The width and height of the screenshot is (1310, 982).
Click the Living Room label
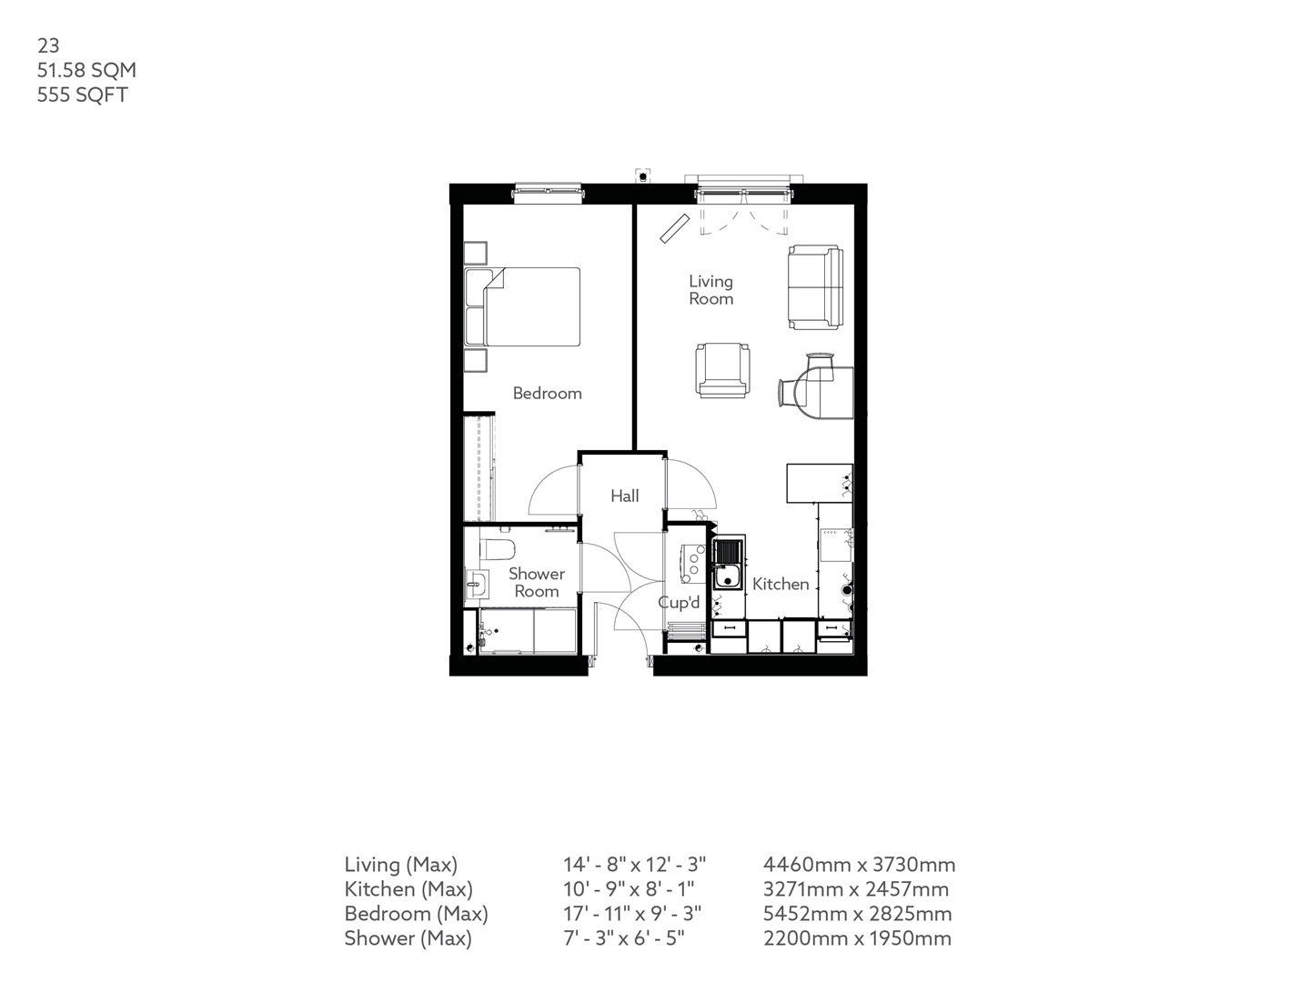coord(710,290)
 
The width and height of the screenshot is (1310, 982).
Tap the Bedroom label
coord(547,393)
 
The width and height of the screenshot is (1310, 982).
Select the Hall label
coord(624,496)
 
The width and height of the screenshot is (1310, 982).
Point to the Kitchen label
coord(781,584)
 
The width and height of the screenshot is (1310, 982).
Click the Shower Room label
coord(536,582)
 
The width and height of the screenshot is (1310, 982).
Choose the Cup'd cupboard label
coord(680,602)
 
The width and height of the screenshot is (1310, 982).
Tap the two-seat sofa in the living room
coord(815,286)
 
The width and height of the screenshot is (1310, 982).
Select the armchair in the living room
coord(724,370)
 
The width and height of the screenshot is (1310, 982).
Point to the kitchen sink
coord(729,566)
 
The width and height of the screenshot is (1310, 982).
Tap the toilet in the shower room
coord(497,548)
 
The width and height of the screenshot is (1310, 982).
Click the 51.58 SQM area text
coord(87,70)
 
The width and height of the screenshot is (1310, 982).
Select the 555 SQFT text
coord(82,95)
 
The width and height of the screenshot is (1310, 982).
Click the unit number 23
coord(47,45)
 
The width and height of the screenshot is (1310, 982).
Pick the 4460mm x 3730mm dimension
coord(859,865)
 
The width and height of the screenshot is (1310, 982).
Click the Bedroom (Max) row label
coord(416,914)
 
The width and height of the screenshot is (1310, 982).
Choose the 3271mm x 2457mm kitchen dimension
coord(856,889)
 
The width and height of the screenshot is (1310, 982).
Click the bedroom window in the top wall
coord(548,191)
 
